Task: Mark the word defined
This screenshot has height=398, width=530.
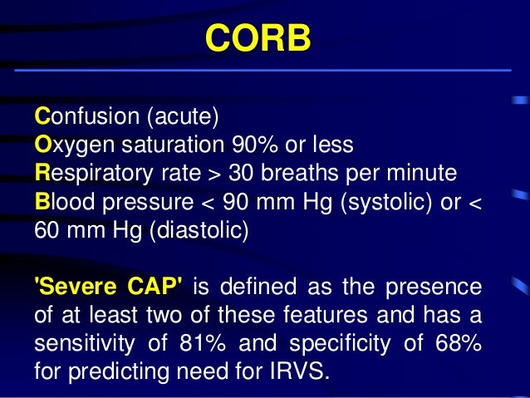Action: pos(268,287)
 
